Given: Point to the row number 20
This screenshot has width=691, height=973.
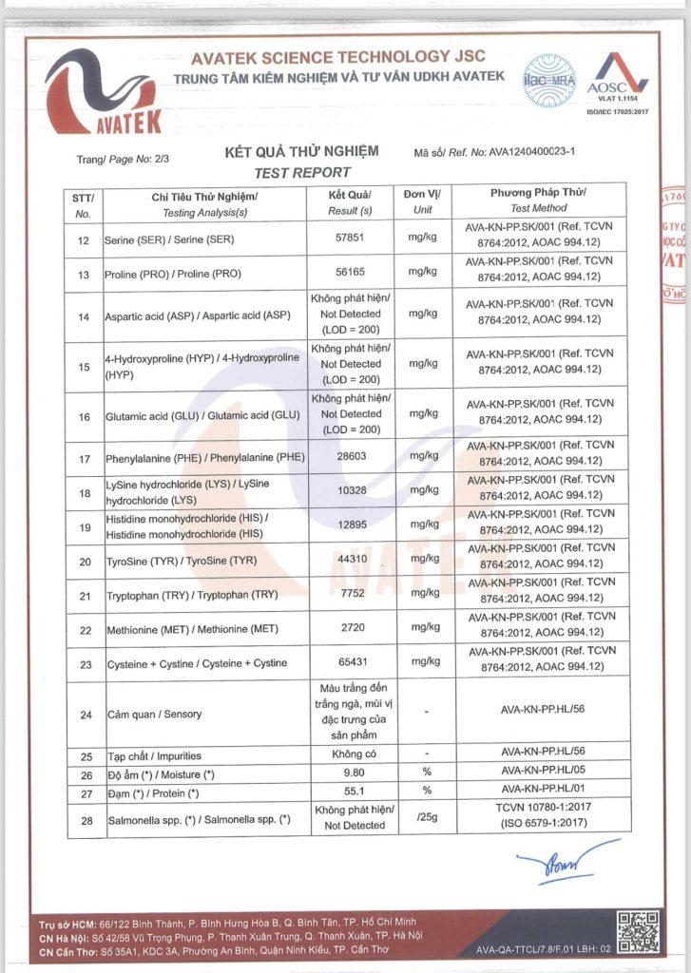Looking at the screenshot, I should point(83,562).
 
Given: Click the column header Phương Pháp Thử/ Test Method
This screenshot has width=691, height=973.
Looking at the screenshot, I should point(538,200).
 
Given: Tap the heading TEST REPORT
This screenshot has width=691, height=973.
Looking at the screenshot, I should point(302,173).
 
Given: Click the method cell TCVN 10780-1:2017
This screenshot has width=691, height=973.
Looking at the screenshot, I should point(538,811).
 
